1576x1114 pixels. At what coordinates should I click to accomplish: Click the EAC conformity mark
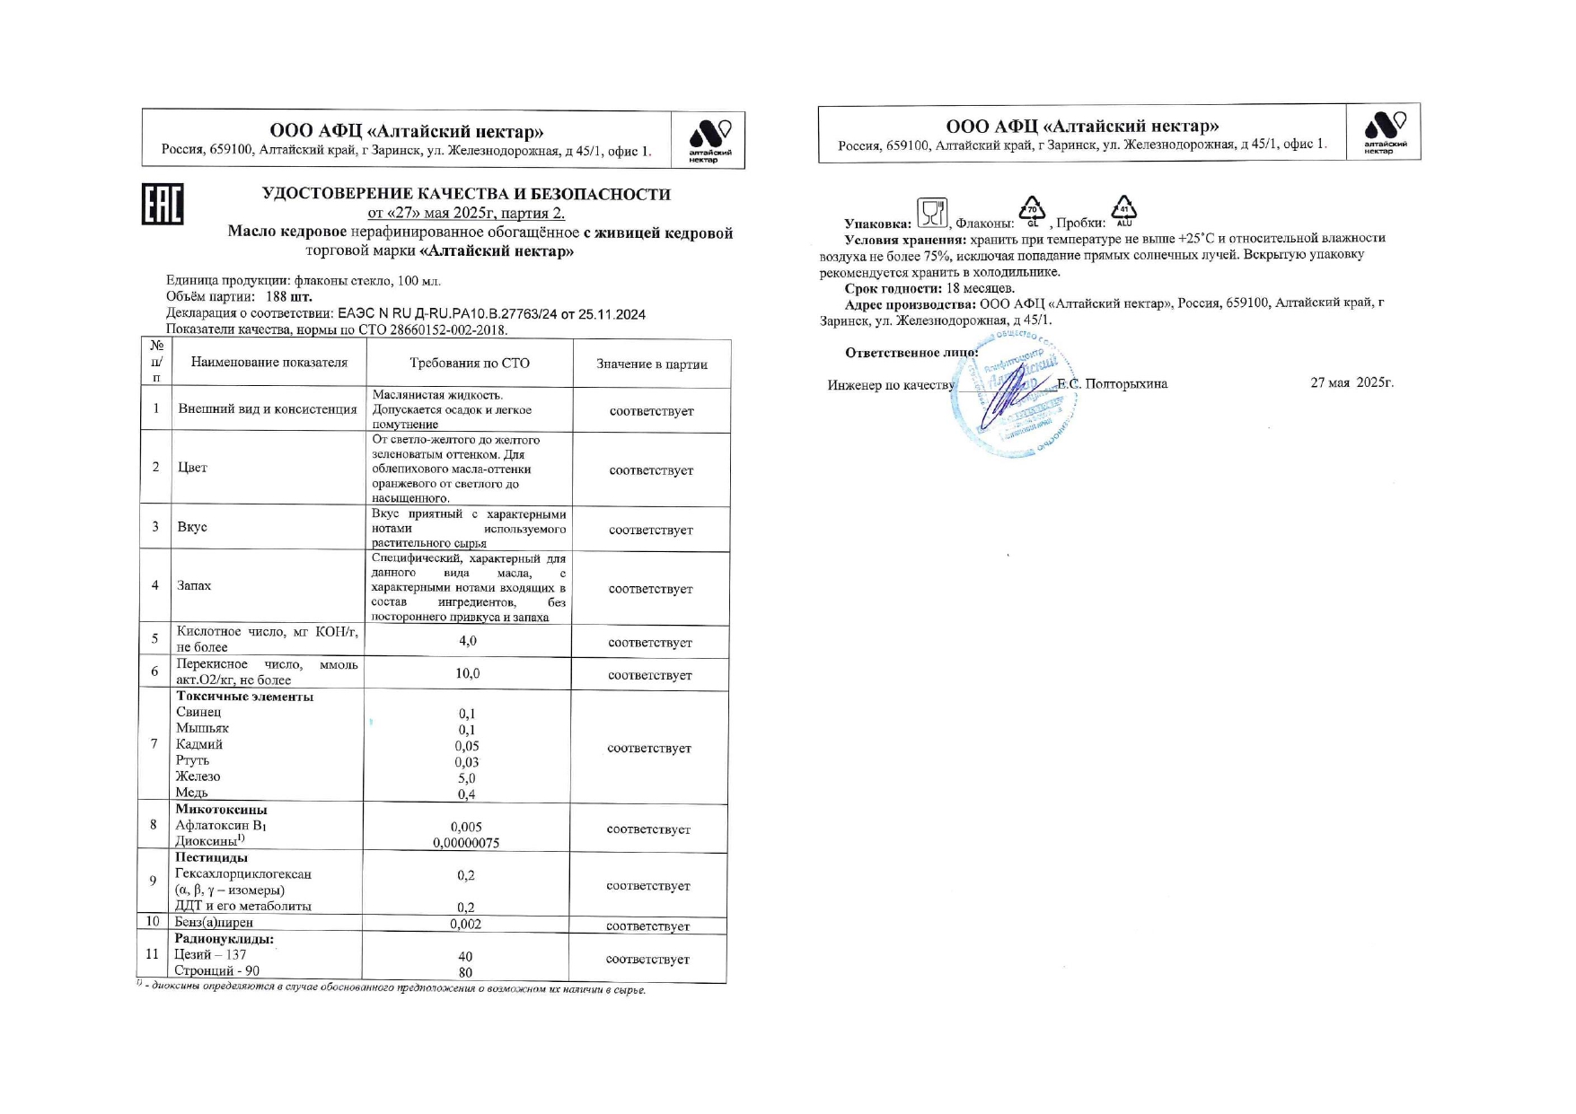click(163, 205)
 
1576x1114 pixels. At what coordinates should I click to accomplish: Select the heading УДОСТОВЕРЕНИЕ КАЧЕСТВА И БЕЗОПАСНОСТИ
click(466, 194)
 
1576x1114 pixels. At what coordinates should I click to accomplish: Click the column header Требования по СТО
click(470, 364)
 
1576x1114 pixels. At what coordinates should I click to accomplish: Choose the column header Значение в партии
click(652, 364)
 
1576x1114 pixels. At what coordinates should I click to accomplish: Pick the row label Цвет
click(192, 468)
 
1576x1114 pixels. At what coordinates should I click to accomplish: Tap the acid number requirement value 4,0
click(467, 641)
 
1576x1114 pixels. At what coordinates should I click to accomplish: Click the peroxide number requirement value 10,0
click(467, 673)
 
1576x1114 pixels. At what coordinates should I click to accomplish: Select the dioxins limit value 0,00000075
click(466, 843)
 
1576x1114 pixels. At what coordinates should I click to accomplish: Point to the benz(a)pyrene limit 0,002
click(465, 924)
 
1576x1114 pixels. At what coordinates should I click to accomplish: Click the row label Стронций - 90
click(217, 971)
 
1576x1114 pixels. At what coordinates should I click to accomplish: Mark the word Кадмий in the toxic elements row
click(199, 744)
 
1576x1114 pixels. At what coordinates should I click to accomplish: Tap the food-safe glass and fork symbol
click(932, 213)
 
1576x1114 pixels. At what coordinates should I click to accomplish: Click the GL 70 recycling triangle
click(1033, 210)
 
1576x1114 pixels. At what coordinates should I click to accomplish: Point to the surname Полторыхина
click(1126, 384)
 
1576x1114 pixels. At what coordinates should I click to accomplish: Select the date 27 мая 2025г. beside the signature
click(1351, 382)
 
